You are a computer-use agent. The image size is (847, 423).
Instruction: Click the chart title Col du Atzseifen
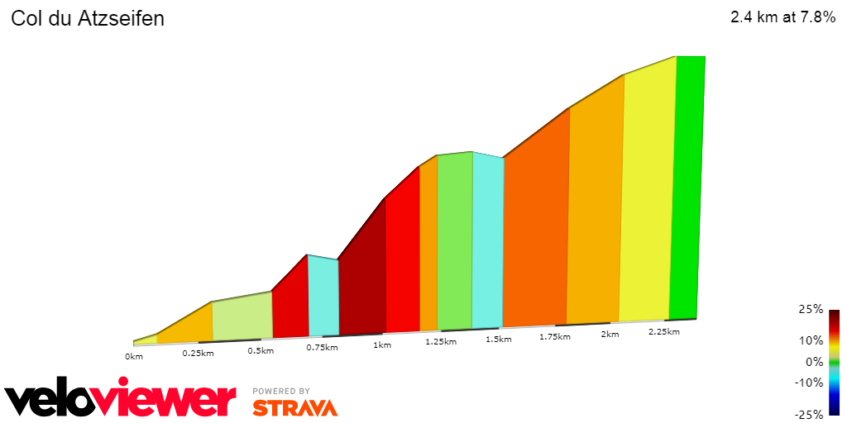point(87,19)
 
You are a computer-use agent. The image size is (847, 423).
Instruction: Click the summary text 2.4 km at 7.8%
point(782,17)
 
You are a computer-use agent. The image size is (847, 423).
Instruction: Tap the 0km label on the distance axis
point(134,357)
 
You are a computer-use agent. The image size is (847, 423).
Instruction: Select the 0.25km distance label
point(198,354)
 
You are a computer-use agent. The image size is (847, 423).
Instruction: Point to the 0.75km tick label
point(321,347)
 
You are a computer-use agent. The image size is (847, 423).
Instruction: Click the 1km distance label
point(382,345)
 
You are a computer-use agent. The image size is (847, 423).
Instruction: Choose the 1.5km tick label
point(498,340)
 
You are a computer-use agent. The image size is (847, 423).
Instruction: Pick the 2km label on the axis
point(610,335)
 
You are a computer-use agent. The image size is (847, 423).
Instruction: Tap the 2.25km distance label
point(663,332)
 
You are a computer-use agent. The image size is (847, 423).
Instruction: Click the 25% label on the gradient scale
point(811,310)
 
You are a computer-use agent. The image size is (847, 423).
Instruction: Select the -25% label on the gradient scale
point(810,415)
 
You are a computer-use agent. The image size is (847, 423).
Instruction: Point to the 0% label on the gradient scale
point(814,362)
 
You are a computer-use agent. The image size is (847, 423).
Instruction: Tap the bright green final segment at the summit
point(686,190)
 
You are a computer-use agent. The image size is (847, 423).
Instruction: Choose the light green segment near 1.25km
point(455,240)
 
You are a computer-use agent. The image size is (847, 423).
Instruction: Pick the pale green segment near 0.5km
point(242,318)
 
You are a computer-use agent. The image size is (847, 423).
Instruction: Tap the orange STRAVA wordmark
point(294,407)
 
